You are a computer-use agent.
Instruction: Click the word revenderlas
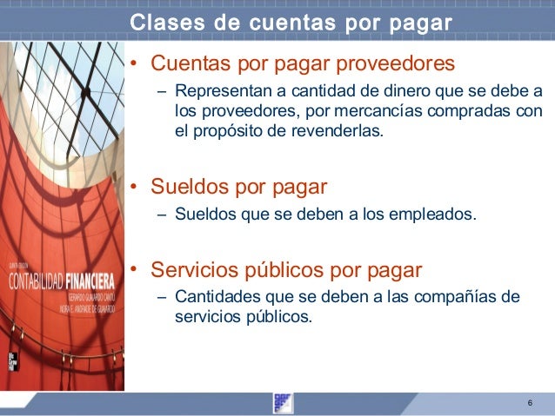[342, 133]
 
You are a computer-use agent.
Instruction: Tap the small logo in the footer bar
[283, 403]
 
